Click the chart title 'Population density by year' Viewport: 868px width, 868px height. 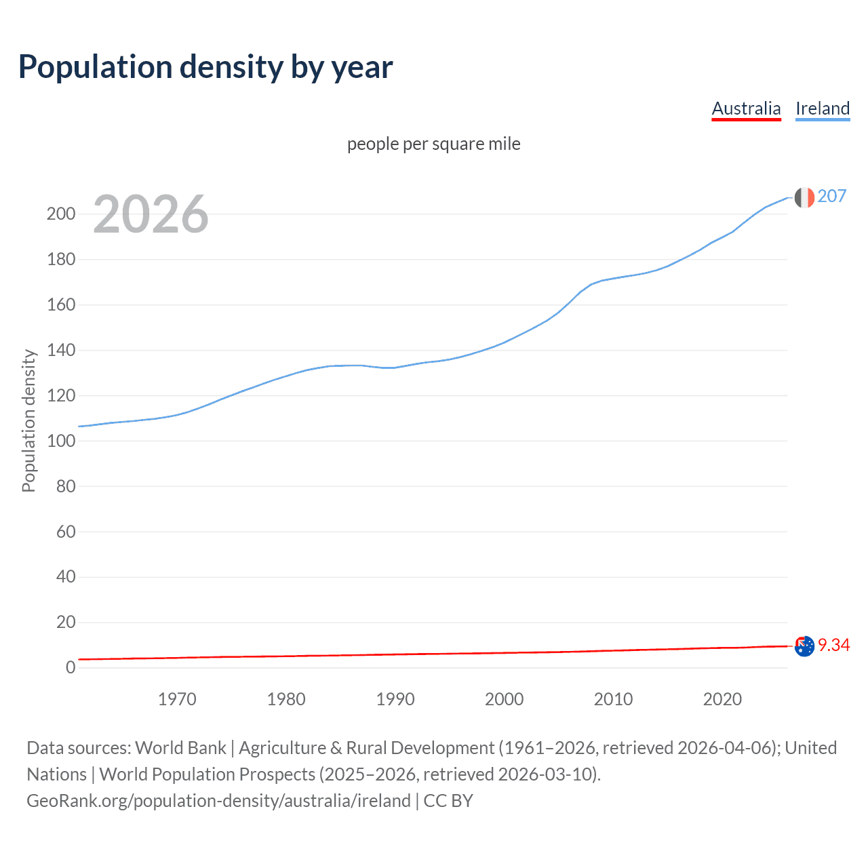[205, 67]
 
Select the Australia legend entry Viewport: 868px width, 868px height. [746, 108]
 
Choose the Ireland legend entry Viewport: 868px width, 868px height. [823, 108]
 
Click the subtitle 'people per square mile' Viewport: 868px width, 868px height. [433, 144]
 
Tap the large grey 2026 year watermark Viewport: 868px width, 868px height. [151, 214]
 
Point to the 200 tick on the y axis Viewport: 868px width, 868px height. [61, 214]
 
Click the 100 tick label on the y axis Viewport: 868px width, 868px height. [61, 441]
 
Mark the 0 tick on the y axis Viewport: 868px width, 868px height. [71, 668]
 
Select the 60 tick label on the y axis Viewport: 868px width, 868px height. [66, 532]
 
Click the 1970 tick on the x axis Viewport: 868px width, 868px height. [177, 699]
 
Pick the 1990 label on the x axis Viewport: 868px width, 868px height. [395, 699]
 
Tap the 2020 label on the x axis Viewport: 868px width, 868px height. [722, 699]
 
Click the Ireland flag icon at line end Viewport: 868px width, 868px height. [804, 197]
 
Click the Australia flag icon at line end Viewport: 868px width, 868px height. [804, 646]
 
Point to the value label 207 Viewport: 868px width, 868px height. [832, 196]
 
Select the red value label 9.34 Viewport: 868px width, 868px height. [834, 645]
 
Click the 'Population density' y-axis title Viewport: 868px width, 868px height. [28, 420]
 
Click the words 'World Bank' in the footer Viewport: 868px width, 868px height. [180, 748]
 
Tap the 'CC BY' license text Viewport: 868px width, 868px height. [448, 801]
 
